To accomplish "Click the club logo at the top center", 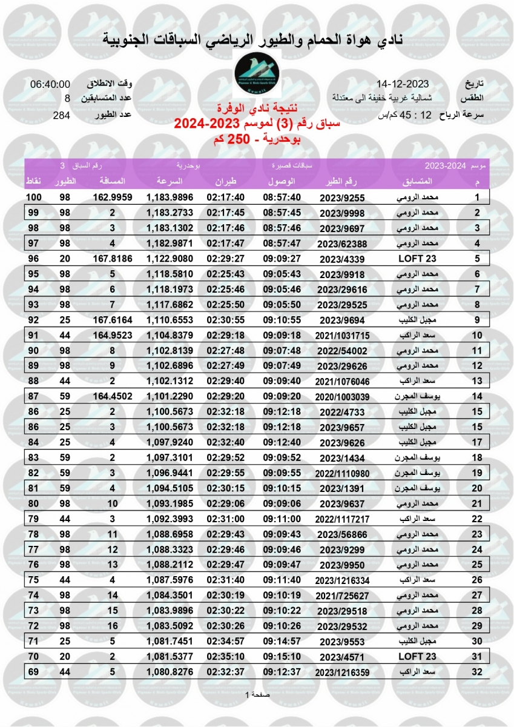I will [257, 76].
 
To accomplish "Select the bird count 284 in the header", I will [62, 115].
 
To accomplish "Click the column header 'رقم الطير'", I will [344, 181].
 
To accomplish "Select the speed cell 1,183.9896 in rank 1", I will [170, 198].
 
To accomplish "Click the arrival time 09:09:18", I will [282, 334].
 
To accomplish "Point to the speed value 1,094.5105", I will [170, 487].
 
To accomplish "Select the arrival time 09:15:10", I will [282, 656].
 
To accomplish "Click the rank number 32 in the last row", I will [477, 671].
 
